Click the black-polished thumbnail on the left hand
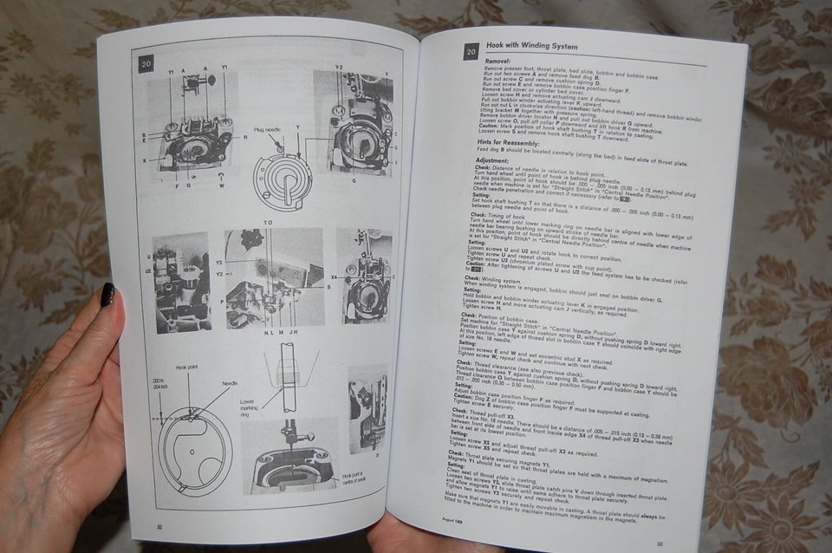tap(108, 295)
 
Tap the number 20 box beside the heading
tap(470, 52)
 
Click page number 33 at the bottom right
tap(660, 543)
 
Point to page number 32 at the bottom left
tap(159, 525)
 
